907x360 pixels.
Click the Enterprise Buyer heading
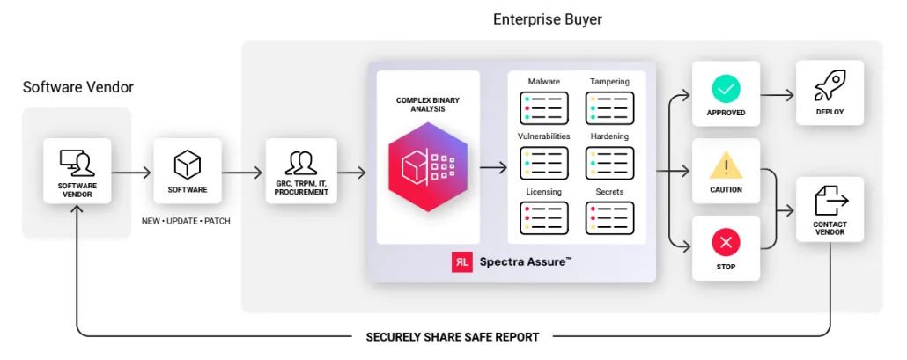(548, 18)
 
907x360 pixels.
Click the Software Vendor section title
(78, 87)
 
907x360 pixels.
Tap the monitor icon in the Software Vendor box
(77, 163)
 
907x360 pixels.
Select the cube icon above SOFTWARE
(187, 164)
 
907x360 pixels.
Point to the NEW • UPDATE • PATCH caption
(186, 221)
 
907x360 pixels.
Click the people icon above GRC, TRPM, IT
(301, 163)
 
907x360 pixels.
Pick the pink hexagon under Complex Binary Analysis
(427, 167)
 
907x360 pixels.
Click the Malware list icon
(544, 107)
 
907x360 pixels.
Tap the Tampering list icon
(609, 107)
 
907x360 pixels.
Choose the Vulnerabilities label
(544, 136)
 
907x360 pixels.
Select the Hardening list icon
(609, 163)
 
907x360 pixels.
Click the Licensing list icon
(544, 217)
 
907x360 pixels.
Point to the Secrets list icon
(609, 217)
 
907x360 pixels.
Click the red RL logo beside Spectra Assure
(461, 261)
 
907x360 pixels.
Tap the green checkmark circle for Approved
(726, 89)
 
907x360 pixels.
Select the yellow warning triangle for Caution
(726, 165)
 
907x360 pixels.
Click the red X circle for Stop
(726, 242)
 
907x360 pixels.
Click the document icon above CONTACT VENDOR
(830, 201)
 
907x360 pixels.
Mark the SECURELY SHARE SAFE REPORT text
(453, 336)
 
